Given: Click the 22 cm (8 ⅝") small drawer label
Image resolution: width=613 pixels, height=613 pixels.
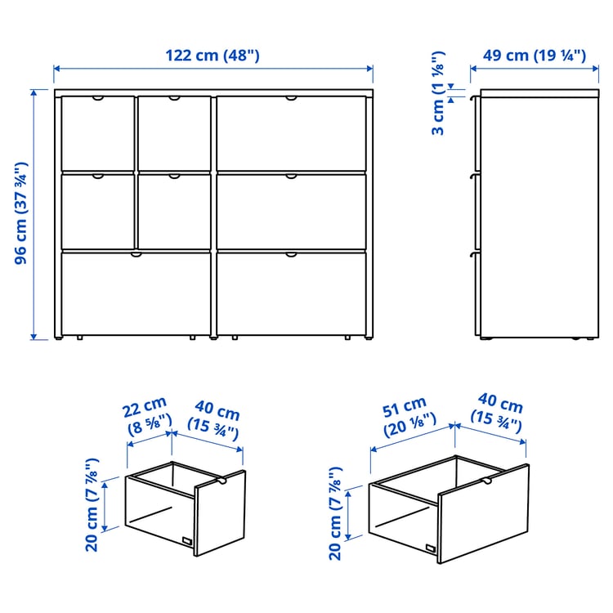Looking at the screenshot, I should [146, 414].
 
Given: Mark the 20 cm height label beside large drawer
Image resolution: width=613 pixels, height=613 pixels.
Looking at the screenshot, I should [335, 512].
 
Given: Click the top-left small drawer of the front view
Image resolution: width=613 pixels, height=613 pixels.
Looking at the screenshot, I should [97, 132].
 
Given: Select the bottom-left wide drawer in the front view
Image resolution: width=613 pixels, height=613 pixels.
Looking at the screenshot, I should [136, 293].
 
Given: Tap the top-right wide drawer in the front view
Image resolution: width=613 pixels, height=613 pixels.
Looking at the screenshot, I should [290, 132].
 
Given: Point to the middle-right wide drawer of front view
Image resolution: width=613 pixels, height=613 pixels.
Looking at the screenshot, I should [290, 210].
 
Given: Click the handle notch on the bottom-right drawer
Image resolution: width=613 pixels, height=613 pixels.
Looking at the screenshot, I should [291, 255].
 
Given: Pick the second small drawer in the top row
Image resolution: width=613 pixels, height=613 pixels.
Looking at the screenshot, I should [174, 132].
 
